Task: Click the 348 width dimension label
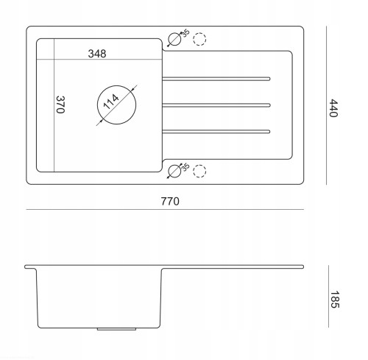tap(97, 54)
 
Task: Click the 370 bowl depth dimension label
tap(60, 105)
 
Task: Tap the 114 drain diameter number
tap(111, 102)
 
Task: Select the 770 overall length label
tap(170, 202)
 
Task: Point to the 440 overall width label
tap(333, 108)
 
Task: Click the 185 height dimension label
tap(335, 300)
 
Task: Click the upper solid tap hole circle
tap(174, 33)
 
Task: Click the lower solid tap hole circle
tap(174, 165)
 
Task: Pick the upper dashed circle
tap(199, 33)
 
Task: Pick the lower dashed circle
tap(199, 165)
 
